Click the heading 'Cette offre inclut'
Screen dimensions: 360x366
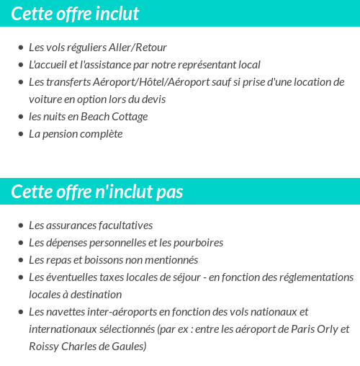pos(76,14)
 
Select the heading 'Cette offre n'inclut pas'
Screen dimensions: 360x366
pos(97,192)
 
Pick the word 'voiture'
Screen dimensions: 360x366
pos(45,99)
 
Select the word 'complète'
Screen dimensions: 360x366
pos(100,134)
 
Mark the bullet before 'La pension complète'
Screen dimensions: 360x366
pos(20,135)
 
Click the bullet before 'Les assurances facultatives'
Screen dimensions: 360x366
pos(20,226)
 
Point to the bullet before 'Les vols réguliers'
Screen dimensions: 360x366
pos(20,48)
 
